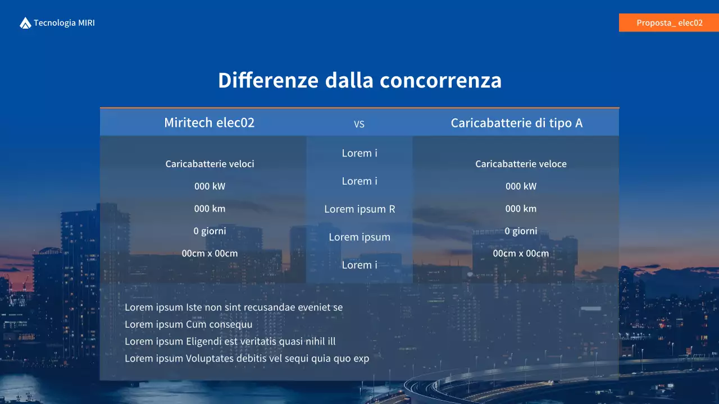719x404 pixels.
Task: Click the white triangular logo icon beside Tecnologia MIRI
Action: pos(25,23)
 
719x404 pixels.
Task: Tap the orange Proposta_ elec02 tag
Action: pos(669,23)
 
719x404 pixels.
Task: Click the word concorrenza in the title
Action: pos(440,80)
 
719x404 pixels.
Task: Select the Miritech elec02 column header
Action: pos(209,122)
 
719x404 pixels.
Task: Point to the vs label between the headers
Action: pos(359,124)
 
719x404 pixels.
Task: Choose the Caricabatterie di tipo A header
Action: pos(516,123)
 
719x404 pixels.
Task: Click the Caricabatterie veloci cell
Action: pos(210,164)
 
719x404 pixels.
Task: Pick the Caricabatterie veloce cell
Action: pos(521,164)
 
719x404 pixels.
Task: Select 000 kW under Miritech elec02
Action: pos(210,186)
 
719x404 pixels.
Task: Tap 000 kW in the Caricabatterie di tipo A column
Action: pos(521,186)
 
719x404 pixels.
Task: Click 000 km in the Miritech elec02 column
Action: pos(210,209)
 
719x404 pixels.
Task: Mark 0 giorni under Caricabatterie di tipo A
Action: pos(521,231)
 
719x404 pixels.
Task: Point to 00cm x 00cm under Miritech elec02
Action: pos(210,253)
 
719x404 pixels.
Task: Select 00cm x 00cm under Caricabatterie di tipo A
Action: pos(521,253)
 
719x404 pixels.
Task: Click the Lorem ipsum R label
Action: pos(359,209)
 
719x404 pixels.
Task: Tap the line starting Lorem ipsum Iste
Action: pos(234,307)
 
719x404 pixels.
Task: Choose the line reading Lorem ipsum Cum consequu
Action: pos(188,324)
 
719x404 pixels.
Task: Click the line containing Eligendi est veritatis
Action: pos(230,341)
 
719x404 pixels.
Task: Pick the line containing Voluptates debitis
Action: pos(247,358)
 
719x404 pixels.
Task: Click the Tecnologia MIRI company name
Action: pos(64,23)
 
